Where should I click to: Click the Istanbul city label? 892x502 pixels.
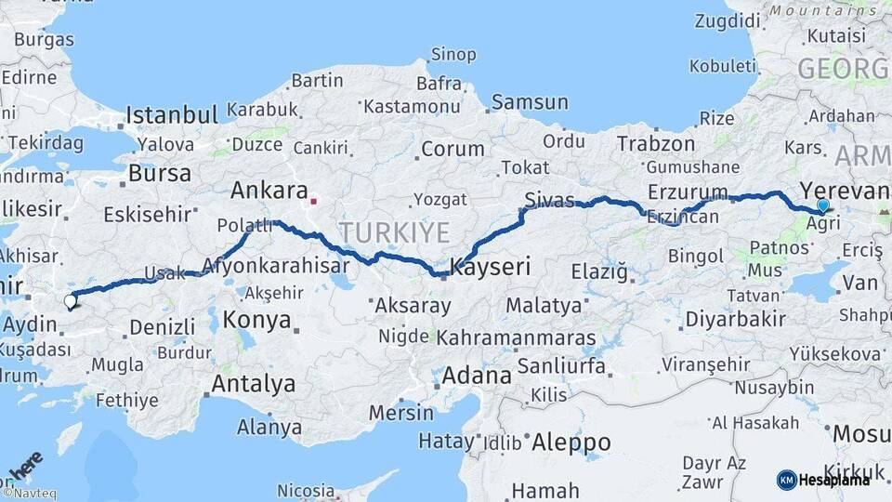172,115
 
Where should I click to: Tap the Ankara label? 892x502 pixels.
269,191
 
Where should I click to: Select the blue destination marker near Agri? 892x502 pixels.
822,205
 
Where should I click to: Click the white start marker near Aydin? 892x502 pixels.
70,300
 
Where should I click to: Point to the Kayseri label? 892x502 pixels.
490,268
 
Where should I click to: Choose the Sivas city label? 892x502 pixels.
549,199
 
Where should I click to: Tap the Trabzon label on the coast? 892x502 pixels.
656,144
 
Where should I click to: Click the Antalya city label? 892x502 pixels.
254,383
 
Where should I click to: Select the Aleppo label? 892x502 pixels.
570,442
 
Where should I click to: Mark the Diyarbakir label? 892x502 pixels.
735,318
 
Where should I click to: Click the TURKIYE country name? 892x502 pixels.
394,231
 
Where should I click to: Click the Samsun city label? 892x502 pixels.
530,102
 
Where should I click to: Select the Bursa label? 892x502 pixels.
160,173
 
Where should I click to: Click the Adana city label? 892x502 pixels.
477,376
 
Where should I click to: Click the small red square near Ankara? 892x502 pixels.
314,200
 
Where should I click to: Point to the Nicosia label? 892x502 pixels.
306,490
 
